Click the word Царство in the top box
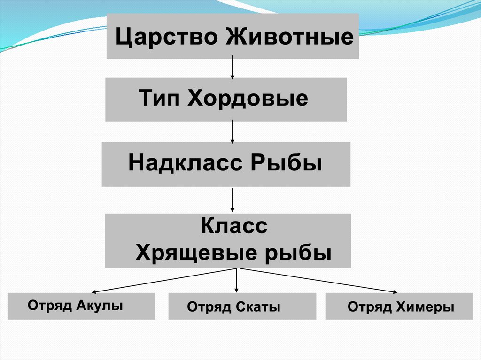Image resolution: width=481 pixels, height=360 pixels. [167, 37]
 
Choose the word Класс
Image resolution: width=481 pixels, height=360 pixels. [234, 227]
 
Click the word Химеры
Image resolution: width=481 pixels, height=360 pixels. [428, 308]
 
